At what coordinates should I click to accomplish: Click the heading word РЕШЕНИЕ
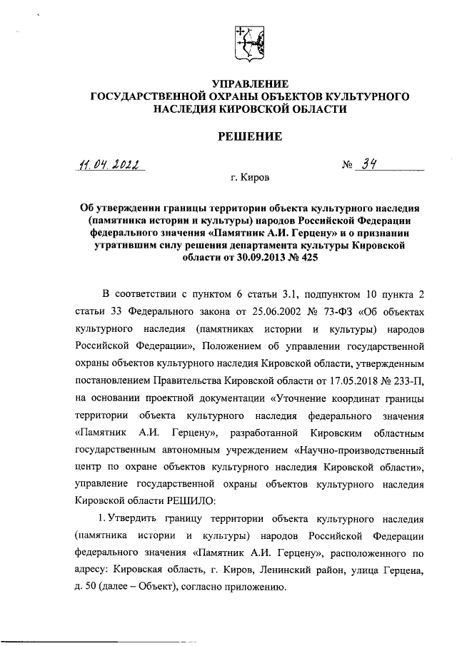249,136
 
